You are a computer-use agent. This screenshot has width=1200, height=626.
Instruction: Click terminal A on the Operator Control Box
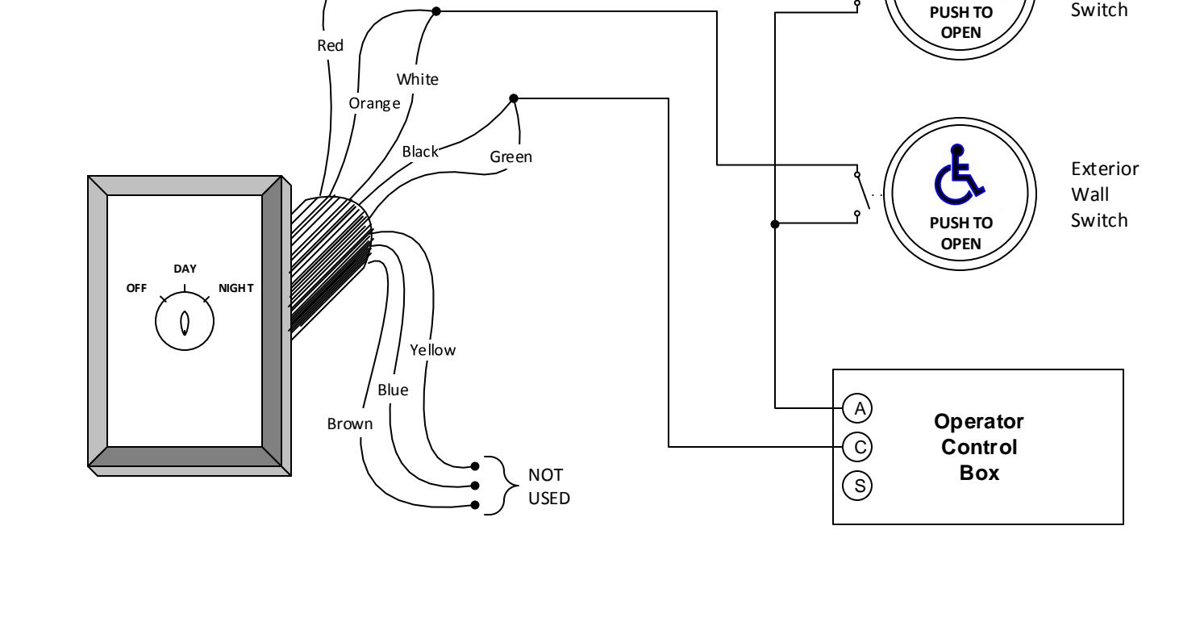point(857,408)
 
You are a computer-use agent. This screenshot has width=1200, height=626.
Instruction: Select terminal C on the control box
point(857,447)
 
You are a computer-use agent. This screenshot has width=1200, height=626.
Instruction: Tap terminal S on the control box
point(857,486)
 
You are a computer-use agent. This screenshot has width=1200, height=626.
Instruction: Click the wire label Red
point(330,45)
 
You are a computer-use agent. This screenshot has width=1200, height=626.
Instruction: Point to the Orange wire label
point(374,103)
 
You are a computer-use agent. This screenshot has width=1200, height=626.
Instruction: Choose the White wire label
point(417,79)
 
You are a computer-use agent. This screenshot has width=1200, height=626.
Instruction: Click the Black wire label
point(420,152)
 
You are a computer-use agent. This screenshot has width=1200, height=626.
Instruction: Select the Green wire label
point(511,157)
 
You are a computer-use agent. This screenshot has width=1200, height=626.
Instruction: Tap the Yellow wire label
point(433,350)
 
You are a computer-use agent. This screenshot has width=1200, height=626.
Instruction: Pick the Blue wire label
point(393,390)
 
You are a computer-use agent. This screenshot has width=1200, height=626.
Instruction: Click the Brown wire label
point(350,424)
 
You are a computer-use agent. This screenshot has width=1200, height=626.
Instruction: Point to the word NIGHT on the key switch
point(236,288)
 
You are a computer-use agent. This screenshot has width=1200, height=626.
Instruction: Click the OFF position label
point(136,288)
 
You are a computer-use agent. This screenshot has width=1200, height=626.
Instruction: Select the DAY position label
point(185,269)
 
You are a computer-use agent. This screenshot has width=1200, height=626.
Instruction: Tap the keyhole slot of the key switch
point(185,323)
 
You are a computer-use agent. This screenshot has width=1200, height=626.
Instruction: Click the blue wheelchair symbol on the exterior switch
point(960,175)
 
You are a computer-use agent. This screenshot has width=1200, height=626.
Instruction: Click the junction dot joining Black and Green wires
point(513,98)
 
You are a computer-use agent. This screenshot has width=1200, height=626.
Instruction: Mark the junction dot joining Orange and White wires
point(436,11)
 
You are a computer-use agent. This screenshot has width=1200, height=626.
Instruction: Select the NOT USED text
point(549,486)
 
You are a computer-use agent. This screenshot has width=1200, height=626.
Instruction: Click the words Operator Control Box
point(979,447)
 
